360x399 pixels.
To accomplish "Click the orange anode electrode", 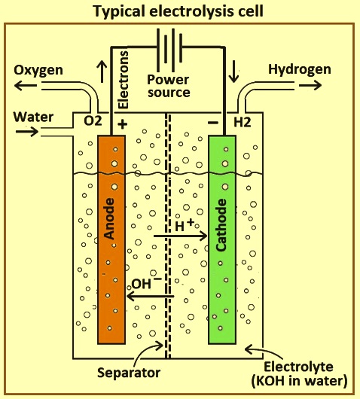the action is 111,239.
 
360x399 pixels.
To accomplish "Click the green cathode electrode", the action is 222,239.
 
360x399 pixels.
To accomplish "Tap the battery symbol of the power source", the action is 169,50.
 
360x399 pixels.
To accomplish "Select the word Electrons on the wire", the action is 123,80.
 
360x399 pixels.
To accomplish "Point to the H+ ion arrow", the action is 181,236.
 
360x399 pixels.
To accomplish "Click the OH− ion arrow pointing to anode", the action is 150,296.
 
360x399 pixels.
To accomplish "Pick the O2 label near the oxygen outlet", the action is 93,122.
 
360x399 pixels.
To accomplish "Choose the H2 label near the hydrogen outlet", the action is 242,123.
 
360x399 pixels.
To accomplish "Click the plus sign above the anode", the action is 122,124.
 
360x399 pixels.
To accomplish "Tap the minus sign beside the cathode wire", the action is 213,123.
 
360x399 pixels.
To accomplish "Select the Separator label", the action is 129,373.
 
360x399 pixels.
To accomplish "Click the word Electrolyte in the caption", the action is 298,367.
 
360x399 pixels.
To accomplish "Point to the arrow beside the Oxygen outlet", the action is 26,85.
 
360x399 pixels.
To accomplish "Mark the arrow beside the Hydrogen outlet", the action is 310,85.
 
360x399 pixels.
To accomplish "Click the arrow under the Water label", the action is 27,132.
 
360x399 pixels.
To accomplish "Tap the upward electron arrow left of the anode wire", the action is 102,72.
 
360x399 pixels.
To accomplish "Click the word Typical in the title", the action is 119,12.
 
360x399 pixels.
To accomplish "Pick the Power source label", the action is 169,86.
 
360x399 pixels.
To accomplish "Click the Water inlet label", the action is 33,117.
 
